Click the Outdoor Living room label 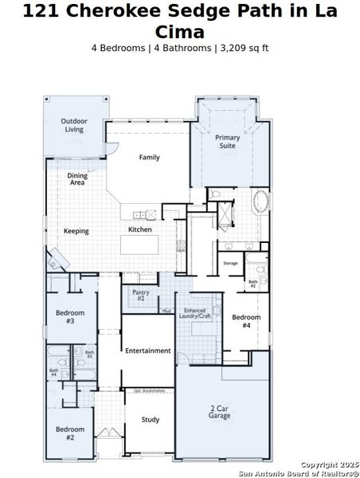pos(74,125)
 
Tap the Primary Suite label pos(228,142)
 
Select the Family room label pos(150,157)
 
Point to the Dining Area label pos(77,178)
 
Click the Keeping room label pos(76,231)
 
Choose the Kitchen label pos(140,230)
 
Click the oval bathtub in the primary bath pos(261,202)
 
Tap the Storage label pos(230,263)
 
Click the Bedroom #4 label pos(246,321)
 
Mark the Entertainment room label pos(147,351)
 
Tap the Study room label pos(150,420)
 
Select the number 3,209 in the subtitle pos(228,48)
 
